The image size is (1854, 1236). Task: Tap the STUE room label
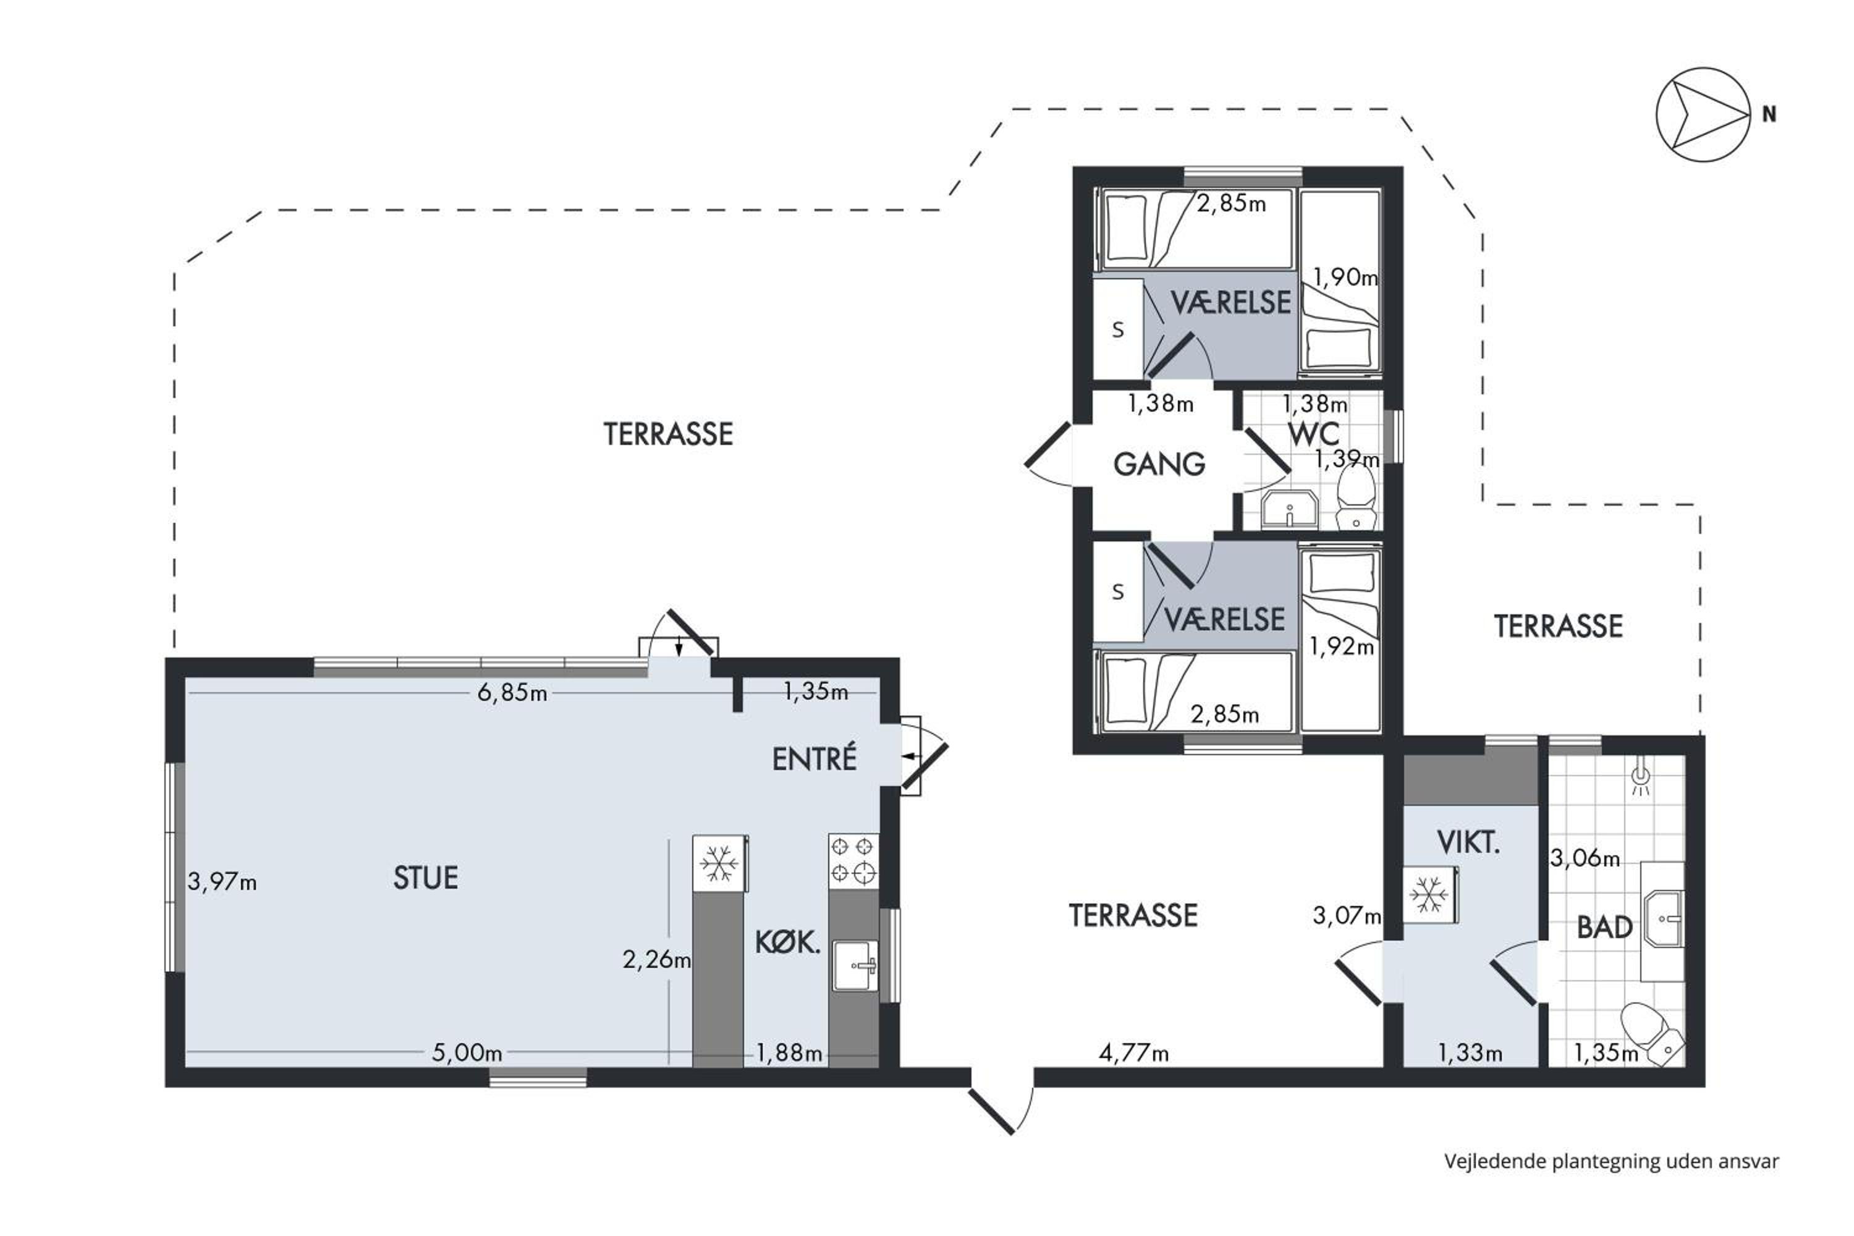click(426, 878)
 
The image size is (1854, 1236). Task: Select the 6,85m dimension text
click(512, 693)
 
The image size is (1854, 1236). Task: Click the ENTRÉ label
click(815, 759)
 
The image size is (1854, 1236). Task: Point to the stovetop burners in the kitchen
click(853, 861)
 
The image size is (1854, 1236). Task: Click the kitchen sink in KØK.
click(855, 965)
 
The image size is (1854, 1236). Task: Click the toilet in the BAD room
click(1652, 1033)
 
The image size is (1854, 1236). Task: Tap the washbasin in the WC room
click(1290, 509)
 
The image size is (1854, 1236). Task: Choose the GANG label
click(1159, 464)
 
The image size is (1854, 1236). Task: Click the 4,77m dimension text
click(1133, 1052)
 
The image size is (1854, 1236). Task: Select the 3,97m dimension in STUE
click(222, 881)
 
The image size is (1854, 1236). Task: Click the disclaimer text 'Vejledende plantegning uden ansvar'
click(1611, 1161)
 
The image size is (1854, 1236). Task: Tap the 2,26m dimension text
click(656, 959)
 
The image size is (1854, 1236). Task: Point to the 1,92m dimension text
click(1342, 646)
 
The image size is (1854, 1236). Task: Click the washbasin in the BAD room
click(1663, 919)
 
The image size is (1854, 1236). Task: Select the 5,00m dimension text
click(467, 1052)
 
